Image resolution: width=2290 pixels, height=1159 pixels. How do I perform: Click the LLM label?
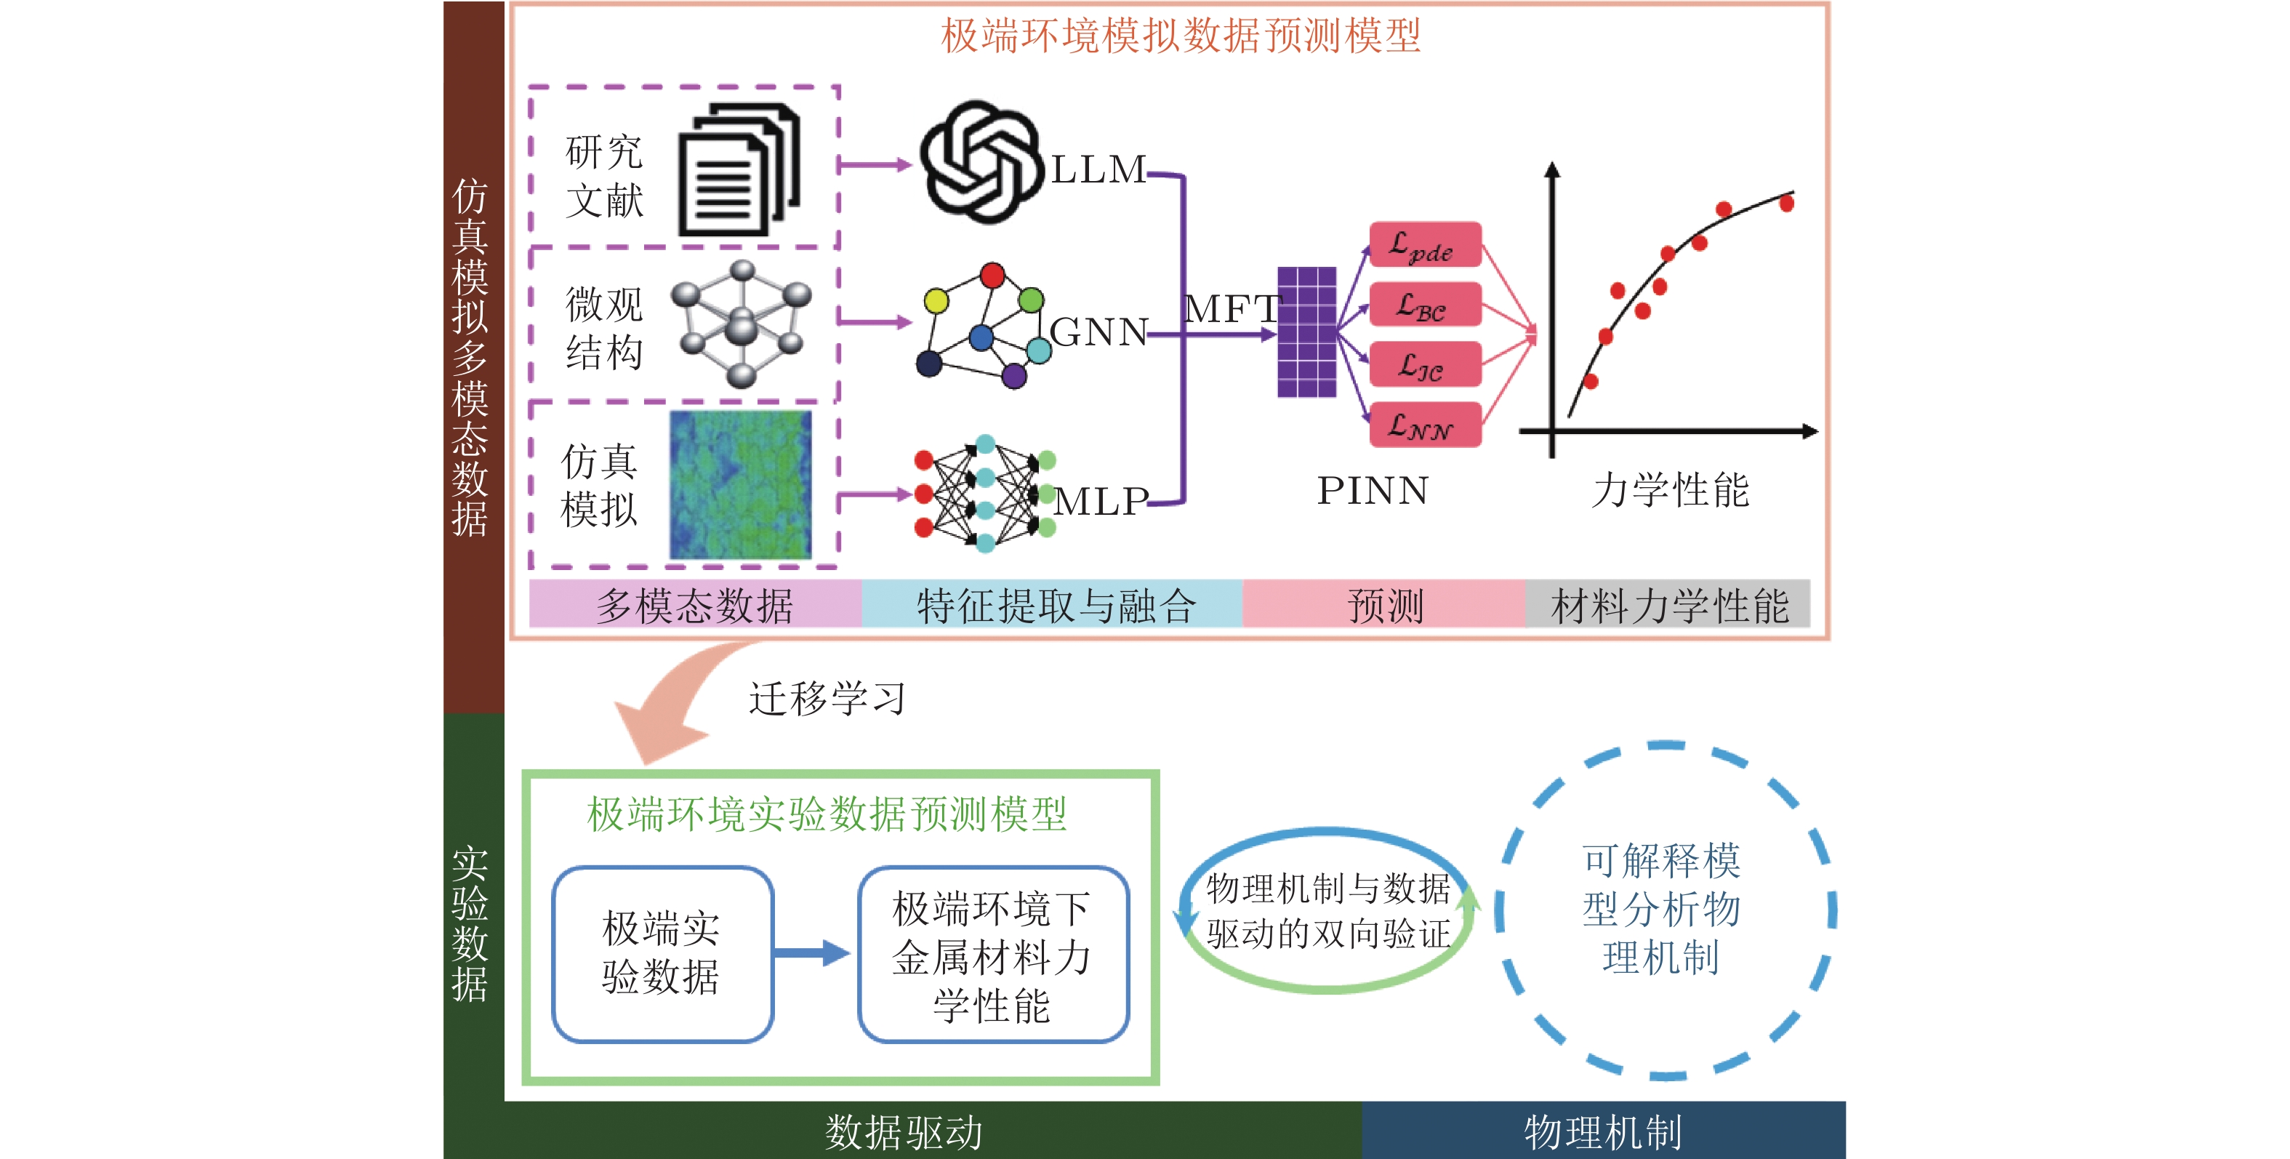pyautogui.click(x=1098, y=169)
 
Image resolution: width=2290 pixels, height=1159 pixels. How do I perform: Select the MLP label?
pyautogui.click(x=1101, y=501)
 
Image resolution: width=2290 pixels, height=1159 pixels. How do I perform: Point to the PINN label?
pyautogui.click(x=1373, y=491)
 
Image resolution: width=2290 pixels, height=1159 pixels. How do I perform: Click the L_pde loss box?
pyautogui.click(x=1424, y=245)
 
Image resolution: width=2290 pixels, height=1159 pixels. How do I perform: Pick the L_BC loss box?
pyautogui.click(x=1424, y=305)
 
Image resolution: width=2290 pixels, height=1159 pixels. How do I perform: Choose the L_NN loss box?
pyautogui.click(x=1424, y=425)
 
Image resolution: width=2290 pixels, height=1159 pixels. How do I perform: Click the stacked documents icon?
pyautogui.click(x=739, y=171)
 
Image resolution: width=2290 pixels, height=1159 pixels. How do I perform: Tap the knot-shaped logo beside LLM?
pyautogui.click(x=981, y=161)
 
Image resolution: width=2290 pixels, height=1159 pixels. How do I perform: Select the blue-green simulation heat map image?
pyautogui.click(x=741, y=485)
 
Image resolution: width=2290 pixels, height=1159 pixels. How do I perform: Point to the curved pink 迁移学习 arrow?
pyautogui.click(x=675, y=702)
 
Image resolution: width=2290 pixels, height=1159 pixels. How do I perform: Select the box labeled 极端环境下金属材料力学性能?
pyautogui.click(x=993, y=955)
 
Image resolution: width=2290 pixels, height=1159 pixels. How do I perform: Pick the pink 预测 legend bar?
pyautogui.click(x=1383, y=604)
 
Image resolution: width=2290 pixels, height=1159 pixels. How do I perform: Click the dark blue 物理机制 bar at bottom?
pyautogui.click(x=1603, y=1131)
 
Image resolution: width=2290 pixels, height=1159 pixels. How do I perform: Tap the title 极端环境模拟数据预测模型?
pyautogui.click(x=1181, y=36)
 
